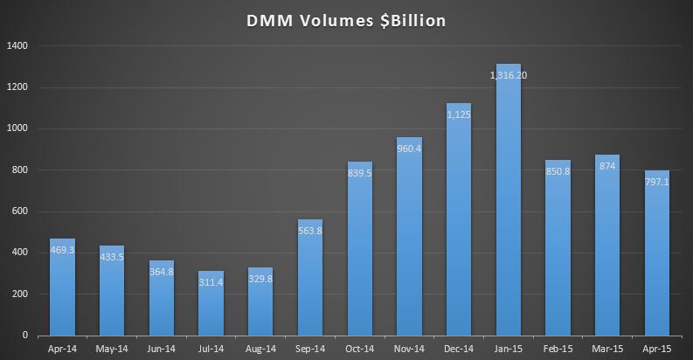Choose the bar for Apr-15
pyautogui.click(x=657, y=253)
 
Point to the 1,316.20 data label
pyautogui.click(x=509, y=75)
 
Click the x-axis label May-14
pyautogui.click(x=112, y=348)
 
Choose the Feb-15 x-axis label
pyautogui.click(x=558, y=348)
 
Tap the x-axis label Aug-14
pyautogui.click(x=260, y=348)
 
